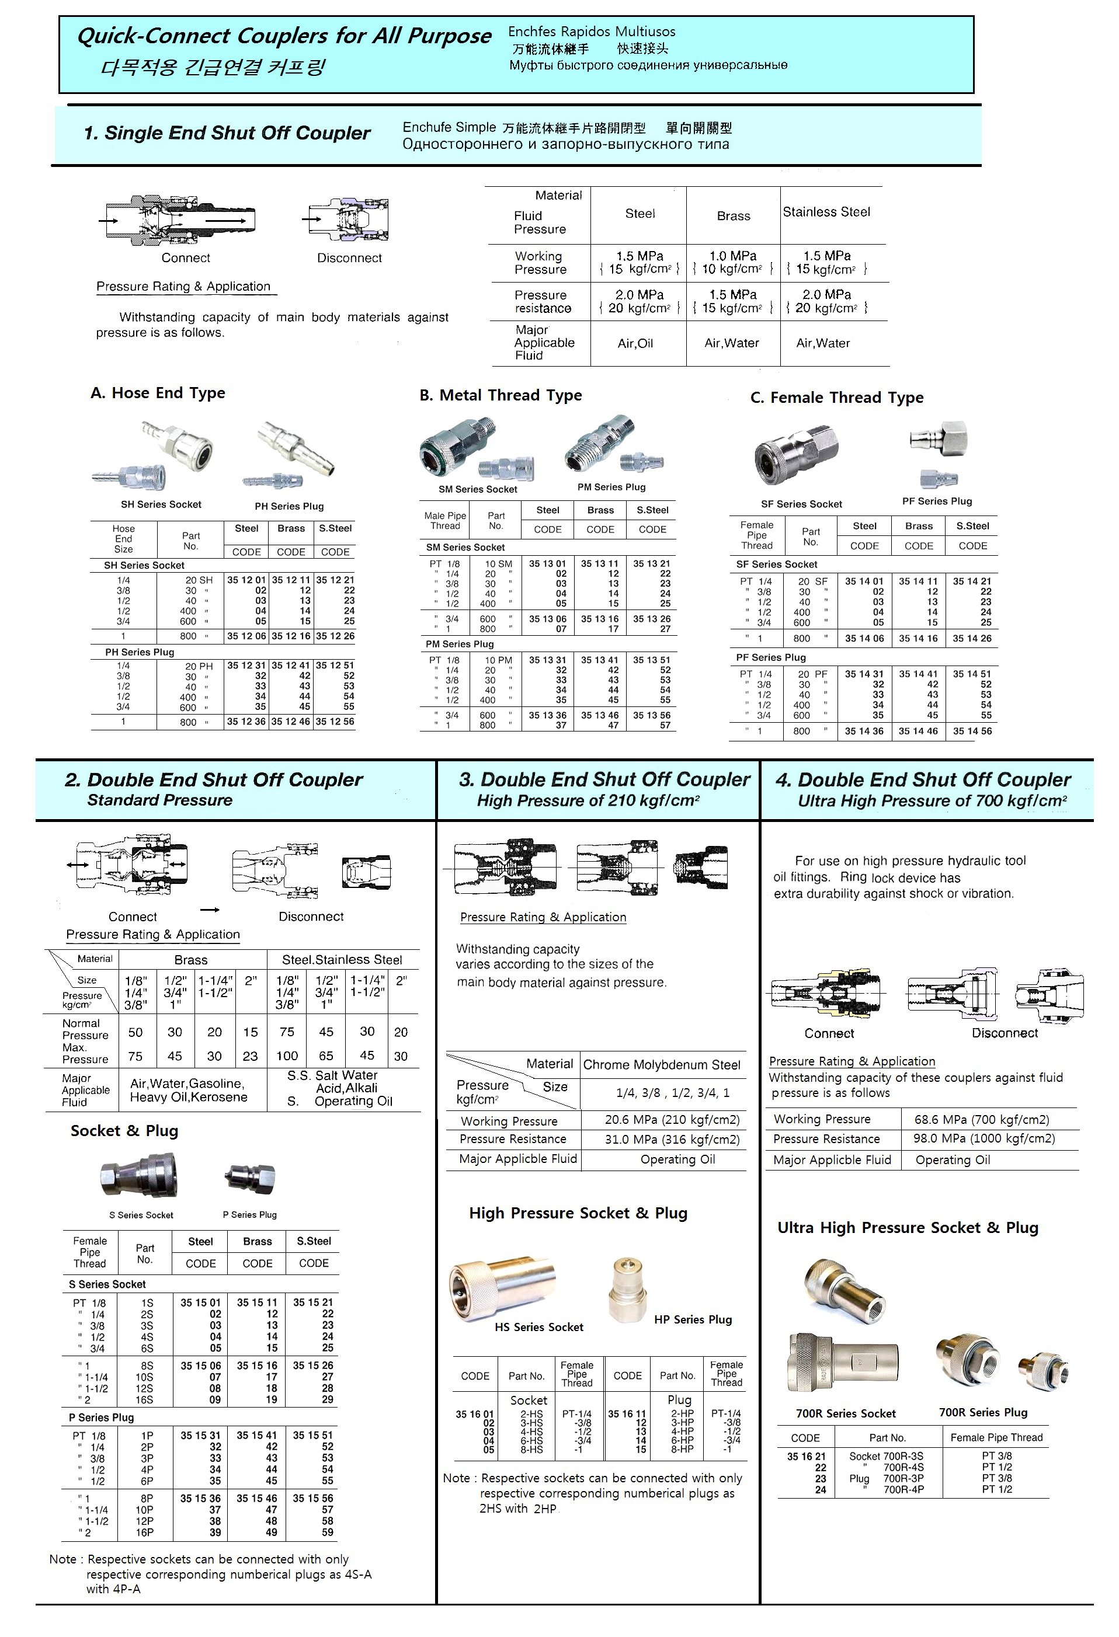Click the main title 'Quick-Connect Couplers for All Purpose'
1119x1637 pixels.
click(x=283, y=36)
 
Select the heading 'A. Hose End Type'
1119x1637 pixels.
click(x=158, y=393)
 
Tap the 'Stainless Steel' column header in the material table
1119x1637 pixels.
click(x=826, y=212)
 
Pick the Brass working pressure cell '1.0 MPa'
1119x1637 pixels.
click(x=733, y=256)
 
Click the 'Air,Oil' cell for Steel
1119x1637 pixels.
click(x=635, y=343)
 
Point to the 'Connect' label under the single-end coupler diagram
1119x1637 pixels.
click(x=185, y=258)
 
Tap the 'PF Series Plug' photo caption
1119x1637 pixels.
click(x=937, y=501)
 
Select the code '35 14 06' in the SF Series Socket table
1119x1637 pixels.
click(x=864, y=638)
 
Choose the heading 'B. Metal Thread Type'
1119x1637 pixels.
click(x=501, y=395)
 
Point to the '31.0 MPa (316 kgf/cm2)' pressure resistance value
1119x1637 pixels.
click(x=672, y=1139)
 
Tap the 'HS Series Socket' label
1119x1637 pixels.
click(x=539, y=1327)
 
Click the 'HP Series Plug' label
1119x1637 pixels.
click(x=693, y=1319)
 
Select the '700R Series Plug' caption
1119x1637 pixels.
click(x=983, y=1412)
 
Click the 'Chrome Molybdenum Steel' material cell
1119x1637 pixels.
click(x=662, y=1064)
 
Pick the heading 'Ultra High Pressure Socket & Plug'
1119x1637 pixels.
click(x=908, y=1228)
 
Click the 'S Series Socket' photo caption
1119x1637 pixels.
click(x=141, y=1215)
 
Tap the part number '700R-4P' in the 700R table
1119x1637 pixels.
click(x=903, y=1490)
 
